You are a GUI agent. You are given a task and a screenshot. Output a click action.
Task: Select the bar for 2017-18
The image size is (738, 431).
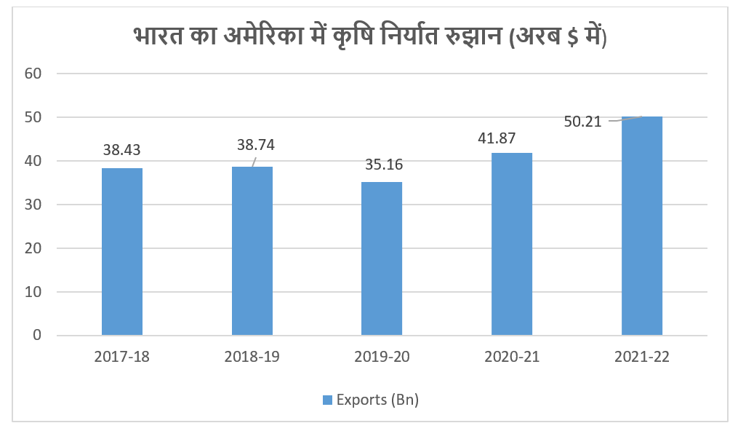[122, 251]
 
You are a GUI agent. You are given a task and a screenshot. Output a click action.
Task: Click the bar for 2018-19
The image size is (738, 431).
[252, 250]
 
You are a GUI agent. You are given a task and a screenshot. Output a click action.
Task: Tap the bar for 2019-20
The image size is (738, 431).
[382, 258]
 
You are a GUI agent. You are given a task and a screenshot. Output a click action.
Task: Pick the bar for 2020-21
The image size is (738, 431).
[512, 244]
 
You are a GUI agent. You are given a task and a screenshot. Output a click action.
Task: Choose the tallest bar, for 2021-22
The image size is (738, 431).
[642, 226]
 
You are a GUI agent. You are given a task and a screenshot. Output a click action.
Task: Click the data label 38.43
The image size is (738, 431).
[122, 151]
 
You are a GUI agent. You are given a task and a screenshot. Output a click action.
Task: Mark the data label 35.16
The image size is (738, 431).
[383, 165]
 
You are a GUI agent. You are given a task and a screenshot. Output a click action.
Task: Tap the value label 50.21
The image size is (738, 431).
[583, 122]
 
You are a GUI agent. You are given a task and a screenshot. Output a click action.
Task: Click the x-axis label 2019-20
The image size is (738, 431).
[382, 357]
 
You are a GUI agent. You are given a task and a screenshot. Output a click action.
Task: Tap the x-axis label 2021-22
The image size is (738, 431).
[642, 357]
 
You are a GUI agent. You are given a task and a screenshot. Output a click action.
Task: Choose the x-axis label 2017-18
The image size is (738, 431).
[122, 357]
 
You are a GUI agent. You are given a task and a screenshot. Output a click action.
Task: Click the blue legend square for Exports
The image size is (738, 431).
[327, 400]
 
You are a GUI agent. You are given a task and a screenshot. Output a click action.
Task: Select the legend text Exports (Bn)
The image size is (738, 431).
[378, 400]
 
